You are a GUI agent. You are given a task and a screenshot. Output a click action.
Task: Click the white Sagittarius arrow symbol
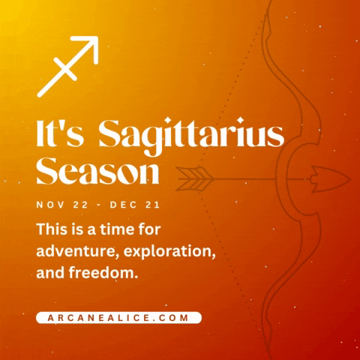pyautogui.click(x=67, y=67)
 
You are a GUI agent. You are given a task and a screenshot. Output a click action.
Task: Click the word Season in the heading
pyautogui.click(x=97, y=172)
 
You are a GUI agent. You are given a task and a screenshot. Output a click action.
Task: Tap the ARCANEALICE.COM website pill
pyautogui.click(x=118, y=317)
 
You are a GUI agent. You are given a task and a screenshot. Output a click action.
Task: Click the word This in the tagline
pyautogui.click(x=52, y=227)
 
